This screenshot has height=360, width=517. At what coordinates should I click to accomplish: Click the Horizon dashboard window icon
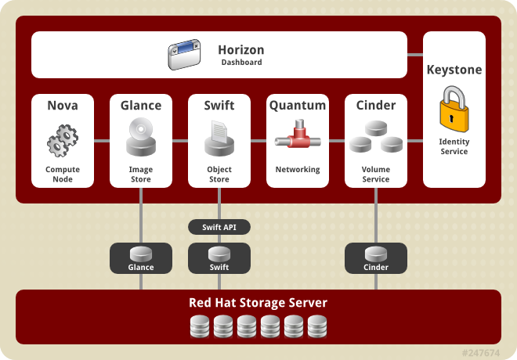click(x=184, y=54)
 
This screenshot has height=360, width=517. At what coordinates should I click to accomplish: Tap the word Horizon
click(x=241, y=50)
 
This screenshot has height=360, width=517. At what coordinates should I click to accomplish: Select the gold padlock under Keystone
click(x=454, y=109)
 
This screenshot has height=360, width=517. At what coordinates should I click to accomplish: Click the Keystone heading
click(x=454, y=70)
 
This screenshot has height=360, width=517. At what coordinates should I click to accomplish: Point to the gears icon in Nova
click(x=63, y=140)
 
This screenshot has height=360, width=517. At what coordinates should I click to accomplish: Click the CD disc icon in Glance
click(x=141, y=129)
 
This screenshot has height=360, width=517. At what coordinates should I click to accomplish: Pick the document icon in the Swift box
click(x=219, y=131)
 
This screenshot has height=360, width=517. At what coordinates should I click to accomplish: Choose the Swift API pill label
click(x=219, y=227)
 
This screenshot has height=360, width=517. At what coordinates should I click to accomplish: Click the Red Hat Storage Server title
click(x=258, y=303)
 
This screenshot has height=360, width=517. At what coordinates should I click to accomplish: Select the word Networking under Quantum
click(x=298, y=170)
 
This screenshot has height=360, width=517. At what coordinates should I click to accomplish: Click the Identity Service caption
click(x=454, y=146)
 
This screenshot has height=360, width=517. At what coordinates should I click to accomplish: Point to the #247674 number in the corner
click(x=481, y=353)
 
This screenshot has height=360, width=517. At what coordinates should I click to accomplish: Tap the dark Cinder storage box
click(x=376, y=258)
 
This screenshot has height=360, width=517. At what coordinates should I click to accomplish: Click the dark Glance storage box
click(x=141, y=258)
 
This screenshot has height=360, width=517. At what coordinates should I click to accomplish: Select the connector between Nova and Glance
click(x=102, y=141)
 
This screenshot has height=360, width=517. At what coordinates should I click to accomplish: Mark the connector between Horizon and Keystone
click(x=415, y=55)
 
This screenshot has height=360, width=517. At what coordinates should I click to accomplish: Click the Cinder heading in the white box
click(x=376, y=106)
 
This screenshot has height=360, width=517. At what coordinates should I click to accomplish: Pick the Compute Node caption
click(x=63, y=175)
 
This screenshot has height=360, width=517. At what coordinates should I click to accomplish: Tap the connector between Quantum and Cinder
click(x=337, y=141)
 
